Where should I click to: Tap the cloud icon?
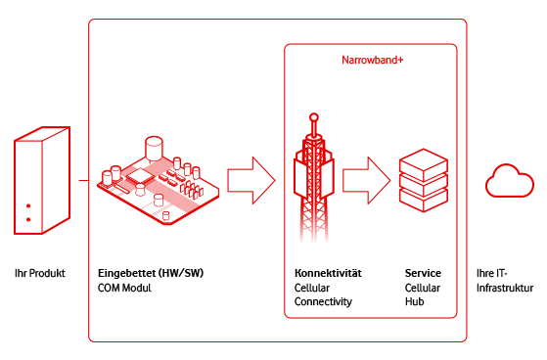pos(510,182)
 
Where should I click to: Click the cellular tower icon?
pos(312,186)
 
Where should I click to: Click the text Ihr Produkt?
pos(40,273)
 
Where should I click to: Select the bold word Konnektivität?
pos(328,272)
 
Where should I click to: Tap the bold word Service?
pos(423,272)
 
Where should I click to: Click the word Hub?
pos(415,302)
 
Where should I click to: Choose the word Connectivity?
pos(323,302)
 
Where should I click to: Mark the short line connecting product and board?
pos(84,180)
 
